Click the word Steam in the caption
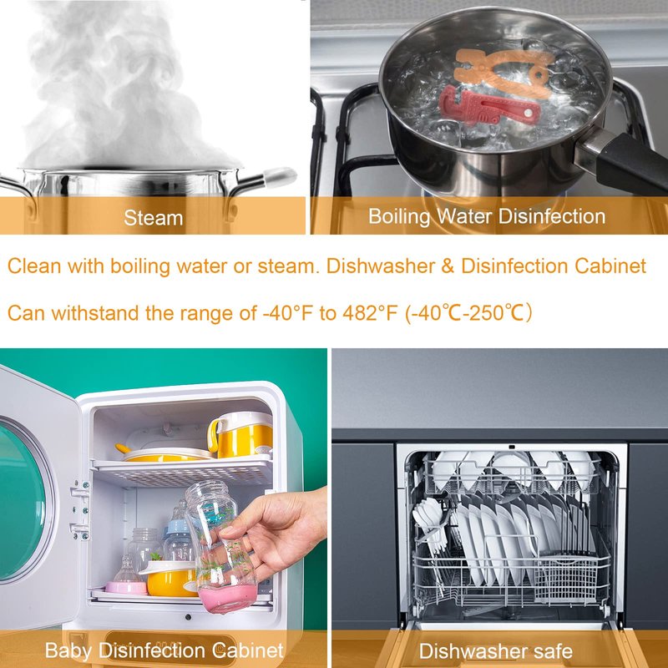(x=154, y=218)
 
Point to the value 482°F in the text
(x=369, y=313)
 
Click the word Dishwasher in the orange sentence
(x=381, y=266)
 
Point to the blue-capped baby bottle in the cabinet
(x=178, y=538)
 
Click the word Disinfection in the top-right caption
(x=552, y=216)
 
